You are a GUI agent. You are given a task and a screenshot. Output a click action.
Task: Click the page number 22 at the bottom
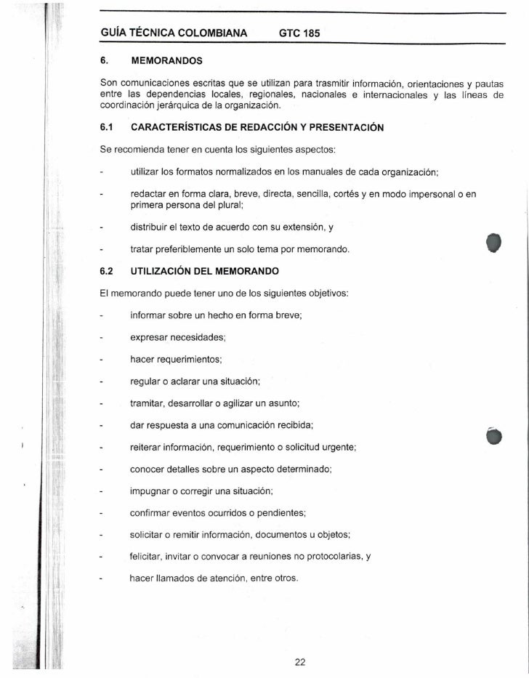pos(300,661)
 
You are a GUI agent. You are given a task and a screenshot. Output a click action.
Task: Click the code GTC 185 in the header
pos(299,33)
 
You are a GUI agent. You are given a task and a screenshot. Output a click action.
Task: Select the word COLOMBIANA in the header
pos(211,33)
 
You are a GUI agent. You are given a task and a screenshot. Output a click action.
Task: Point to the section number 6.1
pos(108,128)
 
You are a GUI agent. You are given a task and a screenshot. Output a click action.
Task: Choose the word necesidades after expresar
pos(200,337)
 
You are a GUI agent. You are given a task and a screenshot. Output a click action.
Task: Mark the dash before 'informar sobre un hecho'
pos(103,316)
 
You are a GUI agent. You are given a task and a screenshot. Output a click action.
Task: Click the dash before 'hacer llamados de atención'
pos(103,579)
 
